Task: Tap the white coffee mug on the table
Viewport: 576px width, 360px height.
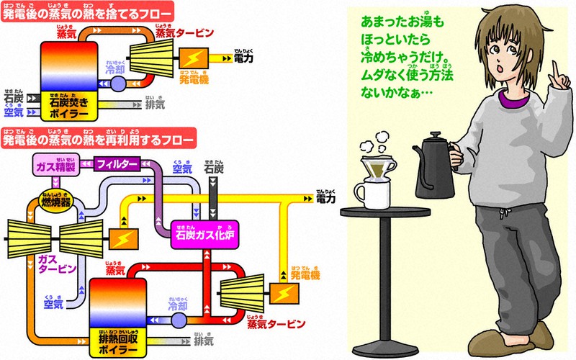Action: pyautogui.click(x=370, y=191)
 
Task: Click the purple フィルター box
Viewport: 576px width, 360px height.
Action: pyautogui.click(x=117, y=164)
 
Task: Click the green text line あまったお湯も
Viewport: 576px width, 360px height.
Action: pyautogui.click(x=402, y=23)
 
